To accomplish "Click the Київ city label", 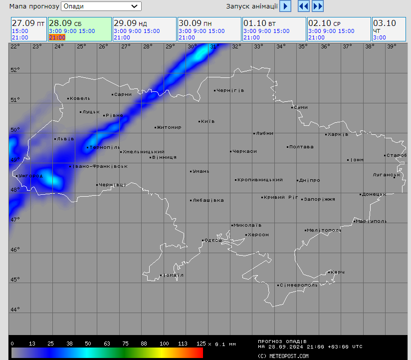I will (x=207, y=121).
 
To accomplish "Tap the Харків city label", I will (x=338, y=134).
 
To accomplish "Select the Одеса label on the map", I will (x=213, y=240).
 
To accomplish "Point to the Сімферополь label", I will (x=298, y=285).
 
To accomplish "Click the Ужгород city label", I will (x=30, y=176).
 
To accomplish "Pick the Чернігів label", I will (x=230, y=90).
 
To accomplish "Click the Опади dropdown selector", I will (x=101, y=6).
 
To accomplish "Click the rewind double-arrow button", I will (x=303, y=6).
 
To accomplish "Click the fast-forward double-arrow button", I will (x=318, y=6).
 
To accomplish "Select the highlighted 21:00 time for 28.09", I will (x=57, y=37).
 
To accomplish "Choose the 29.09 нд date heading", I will (x=130, y=23).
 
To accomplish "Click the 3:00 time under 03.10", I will (x=379, y=37).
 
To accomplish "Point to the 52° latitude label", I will (x=15, y=69).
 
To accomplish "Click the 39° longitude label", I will (x=392, y=46).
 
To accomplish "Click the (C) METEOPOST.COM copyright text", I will (x=283, y=356).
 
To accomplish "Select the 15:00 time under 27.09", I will (x=20, y=31).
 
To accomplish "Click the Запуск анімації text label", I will (x=252, y=6).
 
